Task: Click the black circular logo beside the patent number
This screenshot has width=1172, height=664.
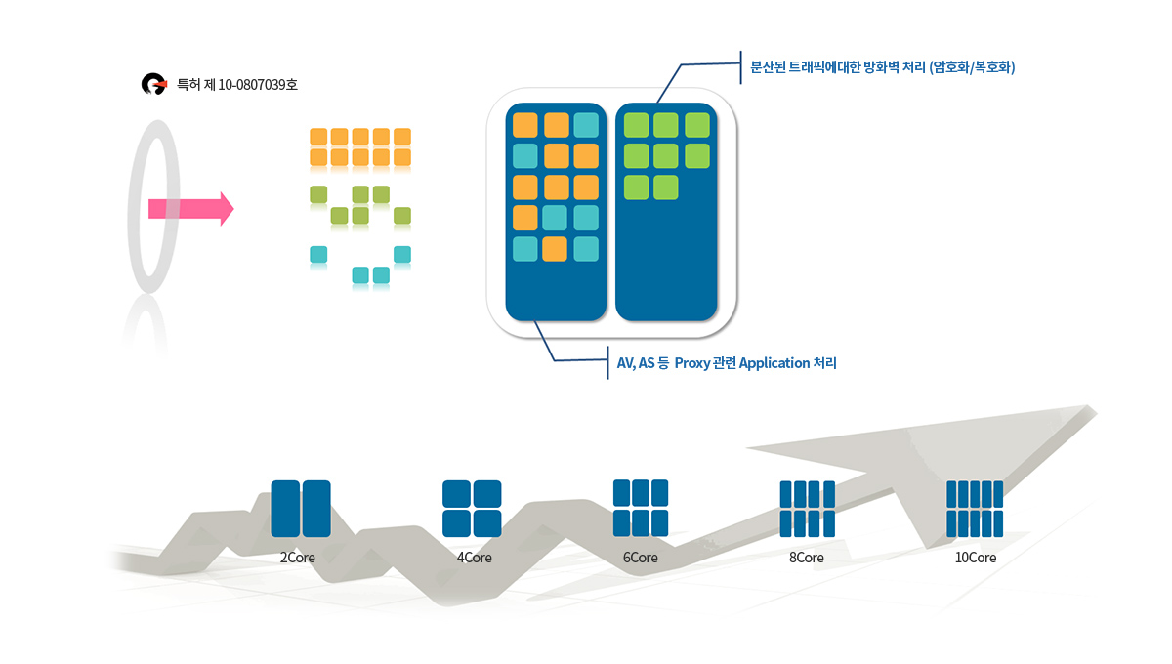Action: (x=154, y=84)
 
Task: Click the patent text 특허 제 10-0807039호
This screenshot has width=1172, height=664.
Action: (x=237, y=85)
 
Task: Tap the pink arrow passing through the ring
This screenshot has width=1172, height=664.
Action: (x=191, y=209)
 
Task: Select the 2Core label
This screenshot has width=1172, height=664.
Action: (x=297, y=558)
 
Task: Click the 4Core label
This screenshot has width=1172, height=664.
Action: (x=474, y=558)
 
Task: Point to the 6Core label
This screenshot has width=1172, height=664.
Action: (x=640, y=558)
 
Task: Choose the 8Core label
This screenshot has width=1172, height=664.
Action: (x=807, y=558)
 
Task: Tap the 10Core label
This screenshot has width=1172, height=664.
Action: (x=976, y=558)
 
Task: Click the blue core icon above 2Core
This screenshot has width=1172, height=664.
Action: (x=301, y=509)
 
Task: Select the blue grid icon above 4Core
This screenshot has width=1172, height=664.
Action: (x=472, y=509)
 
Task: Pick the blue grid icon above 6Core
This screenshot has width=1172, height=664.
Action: (x=641, y=508)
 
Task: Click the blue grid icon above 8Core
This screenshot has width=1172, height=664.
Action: (x=808, y=509)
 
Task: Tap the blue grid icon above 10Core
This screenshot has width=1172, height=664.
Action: (x=975, y=509)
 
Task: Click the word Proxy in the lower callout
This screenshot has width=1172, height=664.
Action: (x=692, y=363)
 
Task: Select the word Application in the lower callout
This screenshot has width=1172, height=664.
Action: (x=774, y=363)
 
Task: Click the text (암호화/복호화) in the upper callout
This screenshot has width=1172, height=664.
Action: (x=972, y=67)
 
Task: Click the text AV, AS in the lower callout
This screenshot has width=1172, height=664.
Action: (x=636, y=363)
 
